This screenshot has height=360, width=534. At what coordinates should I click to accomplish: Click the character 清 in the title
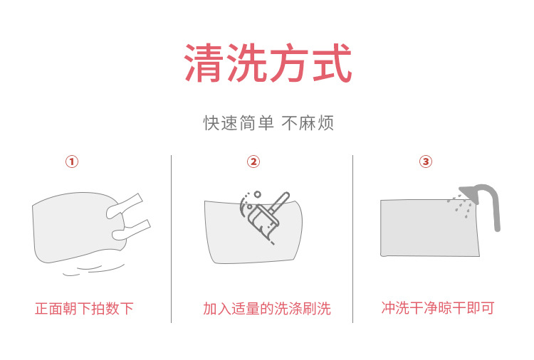click(x=204, y=64)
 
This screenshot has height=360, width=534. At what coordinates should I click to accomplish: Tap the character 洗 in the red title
click(x=246, y=64)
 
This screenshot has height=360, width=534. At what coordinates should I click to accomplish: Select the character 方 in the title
click(x=288, y=64)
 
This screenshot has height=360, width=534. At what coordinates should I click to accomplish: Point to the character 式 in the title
click(x=330, y=64)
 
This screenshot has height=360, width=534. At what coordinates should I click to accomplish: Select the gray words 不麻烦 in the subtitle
click(x=308, y=123)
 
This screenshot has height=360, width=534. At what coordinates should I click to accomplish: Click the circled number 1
click(x=71, y=162)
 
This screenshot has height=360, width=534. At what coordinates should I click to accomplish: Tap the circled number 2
click(x=253, y=162)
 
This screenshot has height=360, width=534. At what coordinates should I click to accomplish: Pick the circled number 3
click(x=426, y=162)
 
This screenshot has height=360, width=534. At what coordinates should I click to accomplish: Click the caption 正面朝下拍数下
click(x=84, y=309)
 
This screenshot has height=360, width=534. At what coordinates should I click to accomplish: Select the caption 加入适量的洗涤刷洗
click(x=267, y=309)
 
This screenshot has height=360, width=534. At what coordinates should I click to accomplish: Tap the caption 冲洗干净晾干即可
click(x=438, y=308)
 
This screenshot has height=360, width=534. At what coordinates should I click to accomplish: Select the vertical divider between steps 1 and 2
click(x=172, y=238)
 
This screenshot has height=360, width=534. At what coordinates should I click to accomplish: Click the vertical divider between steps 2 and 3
click(x=353, y=238)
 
